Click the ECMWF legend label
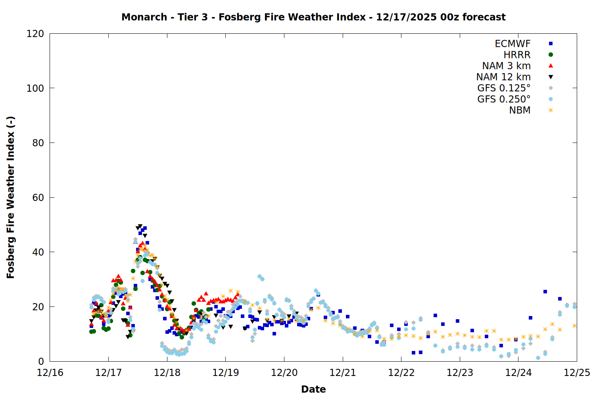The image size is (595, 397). [512, 44]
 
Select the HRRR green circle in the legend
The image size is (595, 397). [551, 55]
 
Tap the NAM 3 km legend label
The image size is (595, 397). [506, 66]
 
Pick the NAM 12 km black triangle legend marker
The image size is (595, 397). [551, 77]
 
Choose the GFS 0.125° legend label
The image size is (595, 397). [504, 88]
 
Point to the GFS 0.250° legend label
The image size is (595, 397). [504, 99]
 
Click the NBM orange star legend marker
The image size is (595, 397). [551, 110]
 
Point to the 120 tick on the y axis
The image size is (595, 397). [35, 34]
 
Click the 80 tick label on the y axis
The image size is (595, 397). [38, 143]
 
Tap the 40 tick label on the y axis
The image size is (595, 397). [38, 252]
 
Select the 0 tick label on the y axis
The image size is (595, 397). [41, 361]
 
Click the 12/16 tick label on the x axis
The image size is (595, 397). [50, 373]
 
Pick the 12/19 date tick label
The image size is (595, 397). [226, 373]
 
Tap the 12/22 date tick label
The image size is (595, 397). [401, 373]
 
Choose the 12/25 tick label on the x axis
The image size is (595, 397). [577, 373]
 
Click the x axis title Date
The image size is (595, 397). [313, 389]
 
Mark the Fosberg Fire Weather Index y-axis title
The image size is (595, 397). [11, 197]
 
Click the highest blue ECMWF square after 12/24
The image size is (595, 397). [545, 292]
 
